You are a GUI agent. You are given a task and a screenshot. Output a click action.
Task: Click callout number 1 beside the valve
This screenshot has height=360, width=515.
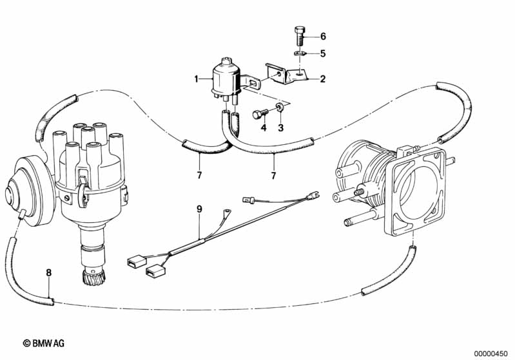(197, 79)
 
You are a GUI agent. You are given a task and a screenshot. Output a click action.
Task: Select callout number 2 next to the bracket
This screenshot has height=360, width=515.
(323, 79)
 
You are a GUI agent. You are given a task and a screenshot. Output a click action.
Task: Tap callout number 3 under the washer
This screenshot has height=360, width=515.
(280, 128)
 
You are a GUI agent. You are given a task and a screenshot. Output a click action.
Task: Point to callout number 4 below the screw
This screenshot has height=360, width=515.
(264, 128)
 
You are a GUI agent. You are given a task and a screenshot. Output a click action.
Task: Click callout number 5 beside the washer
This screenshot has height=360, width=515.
(323, 53)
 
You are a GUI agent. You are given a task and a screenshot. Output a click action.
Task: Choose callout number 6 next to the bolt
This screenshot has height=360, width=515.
(323, 36)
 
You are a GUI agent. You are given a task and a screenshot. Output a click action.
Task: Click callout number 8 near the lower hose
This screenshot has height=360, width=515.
(48, 272)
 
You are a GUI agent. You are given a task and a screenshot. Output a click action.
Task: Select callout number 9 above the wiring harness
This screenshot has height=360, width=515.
(199, 209)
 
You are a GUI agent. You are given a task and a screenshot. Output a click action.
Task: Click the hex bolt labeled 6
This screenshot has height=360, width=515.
(298, 36)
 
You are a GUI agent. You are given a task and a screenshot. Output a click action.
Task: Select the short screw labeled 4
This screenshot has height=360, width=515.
(260, 114)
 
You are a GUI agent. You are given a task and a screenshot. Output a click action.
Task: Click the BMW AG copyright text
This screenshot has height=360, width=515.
(44, 343)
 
